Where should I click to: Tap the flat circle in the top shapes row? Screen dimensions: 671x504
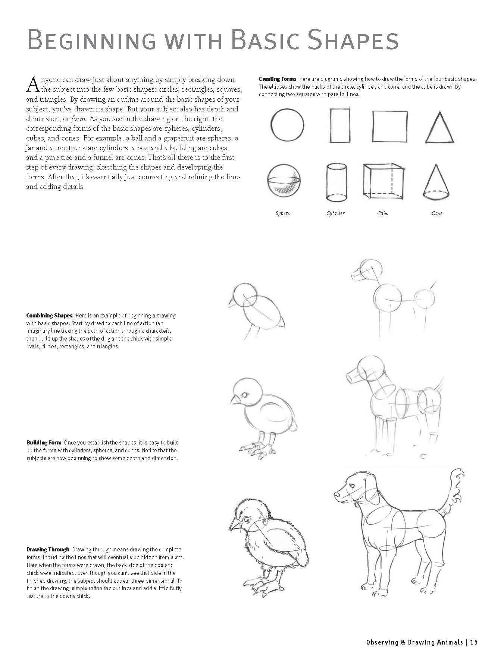(287, 125)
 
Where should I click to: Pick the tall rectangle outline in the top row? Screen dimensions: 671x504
(340, 125)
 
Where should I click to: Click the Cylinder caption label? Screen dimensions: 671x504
(335, 213)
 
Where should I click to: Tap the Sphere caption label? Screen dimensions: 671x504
(283, 213)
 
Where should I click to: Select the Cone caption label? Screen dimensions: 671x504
(437, 213)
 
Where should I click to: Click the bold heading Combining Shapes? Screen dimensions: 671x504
(49, 316)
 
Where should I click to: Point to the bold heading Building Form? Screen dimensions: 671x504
(44, 443)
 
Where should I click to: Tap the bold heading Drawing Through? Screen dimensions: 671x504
(48, 549)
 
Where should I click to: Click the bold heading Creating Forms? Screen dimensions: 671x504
(277, 79)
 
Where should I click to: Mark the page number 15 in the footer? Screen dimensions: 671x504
(474, 642)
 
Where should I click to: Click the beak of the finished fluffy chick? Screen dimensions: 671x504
(234, 525)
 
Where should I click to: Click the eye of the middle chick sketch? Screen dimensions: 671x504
(245, 395)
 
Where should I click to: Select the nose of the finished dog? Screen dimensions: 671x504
(336, 495)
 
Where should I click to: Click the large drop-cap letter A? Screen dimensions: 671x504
(33, 84)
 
